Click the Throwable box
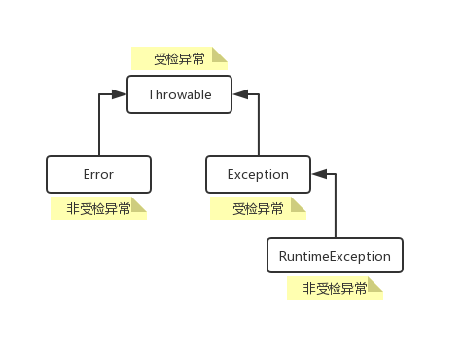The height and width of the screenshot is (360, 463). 179,94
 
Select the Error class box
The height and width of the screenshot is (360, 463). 99,174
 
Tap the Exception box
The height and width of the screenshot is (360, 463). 258,174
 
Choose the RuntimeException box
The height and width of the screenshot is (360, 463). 335,256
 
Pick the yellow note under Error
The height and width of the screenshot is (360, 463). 98,208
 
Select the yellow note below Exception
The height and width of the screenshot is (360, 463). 258,208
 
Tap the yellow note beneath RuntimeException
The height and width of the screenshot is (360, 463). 335,288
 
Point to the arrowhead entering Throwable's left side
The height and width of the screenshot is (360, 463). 121,94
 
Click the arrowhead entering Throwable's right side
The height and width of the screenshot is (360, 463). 239,94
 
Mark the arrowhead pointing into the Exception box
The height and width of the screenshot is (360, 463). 318,175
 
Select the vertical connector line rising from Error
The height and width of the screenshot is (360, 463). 99,126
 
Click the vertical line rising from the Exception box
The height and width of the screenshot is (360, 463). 258,126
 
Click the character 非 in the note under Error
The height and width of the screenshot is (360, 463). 72,208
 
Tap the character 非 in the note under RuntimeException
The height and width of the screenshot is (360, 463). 309,288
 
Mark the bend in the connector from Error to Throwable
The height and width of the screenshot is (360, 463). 99,94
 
